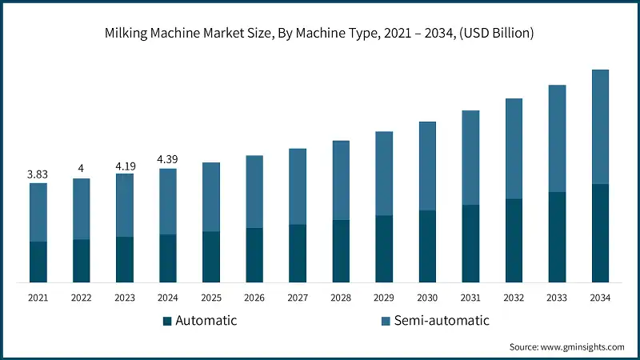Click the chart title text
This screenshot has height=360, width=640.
pyautogui.click(x=320, y=34)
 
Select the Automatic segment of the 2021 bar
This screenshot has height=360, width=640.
pyautogui.click(x=38, y=262)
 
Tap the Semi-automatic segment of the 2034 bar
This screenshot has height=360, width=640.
pyautogui.click(x=600, y=126)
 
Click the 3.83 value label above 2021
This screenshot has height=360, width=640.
pyautogui.click(x=38, y=174)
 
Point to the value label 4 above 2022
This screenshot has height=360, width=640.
pyautogui.click(x=82, y=168)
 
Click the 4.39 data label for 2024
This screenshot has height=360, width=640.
pyautogui.click(x=168, y=159)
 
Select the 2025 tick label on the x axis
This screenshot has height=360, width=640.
pyautogui.click(x=211, y=298)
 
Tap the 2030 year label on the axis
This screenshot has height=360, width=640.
pyautogui.click(x=427, y=298)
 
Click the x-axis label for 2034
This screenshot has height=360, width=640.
pyautogui.click(x=600, y=298)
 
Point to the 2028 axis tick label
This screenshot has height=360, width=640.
pyautogui.click(x=341, y=298)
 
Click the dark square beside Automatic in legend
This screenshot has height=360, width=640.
pyautogui.click(x=167, y=321)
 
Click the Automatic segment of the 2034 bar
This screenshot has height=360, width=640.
pyautogui.click(x=600, y=233)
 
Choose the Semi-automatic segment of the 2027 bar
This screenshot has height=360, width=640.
pyautogui.click(x=298, y=186)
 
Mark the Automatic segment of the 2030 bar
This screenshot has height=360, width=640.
pyautogui.click(x=427, y=246)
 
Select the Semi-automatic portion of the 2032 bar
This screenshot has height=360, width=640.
pyautogui.click(x=514, y=148)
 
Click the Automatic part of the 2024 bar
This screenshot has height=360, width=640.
pyautogui.click(x=168, y=258)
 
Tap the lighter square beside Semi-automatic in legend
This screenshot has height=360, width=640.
pyautogui.click(x=386, y=321)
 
